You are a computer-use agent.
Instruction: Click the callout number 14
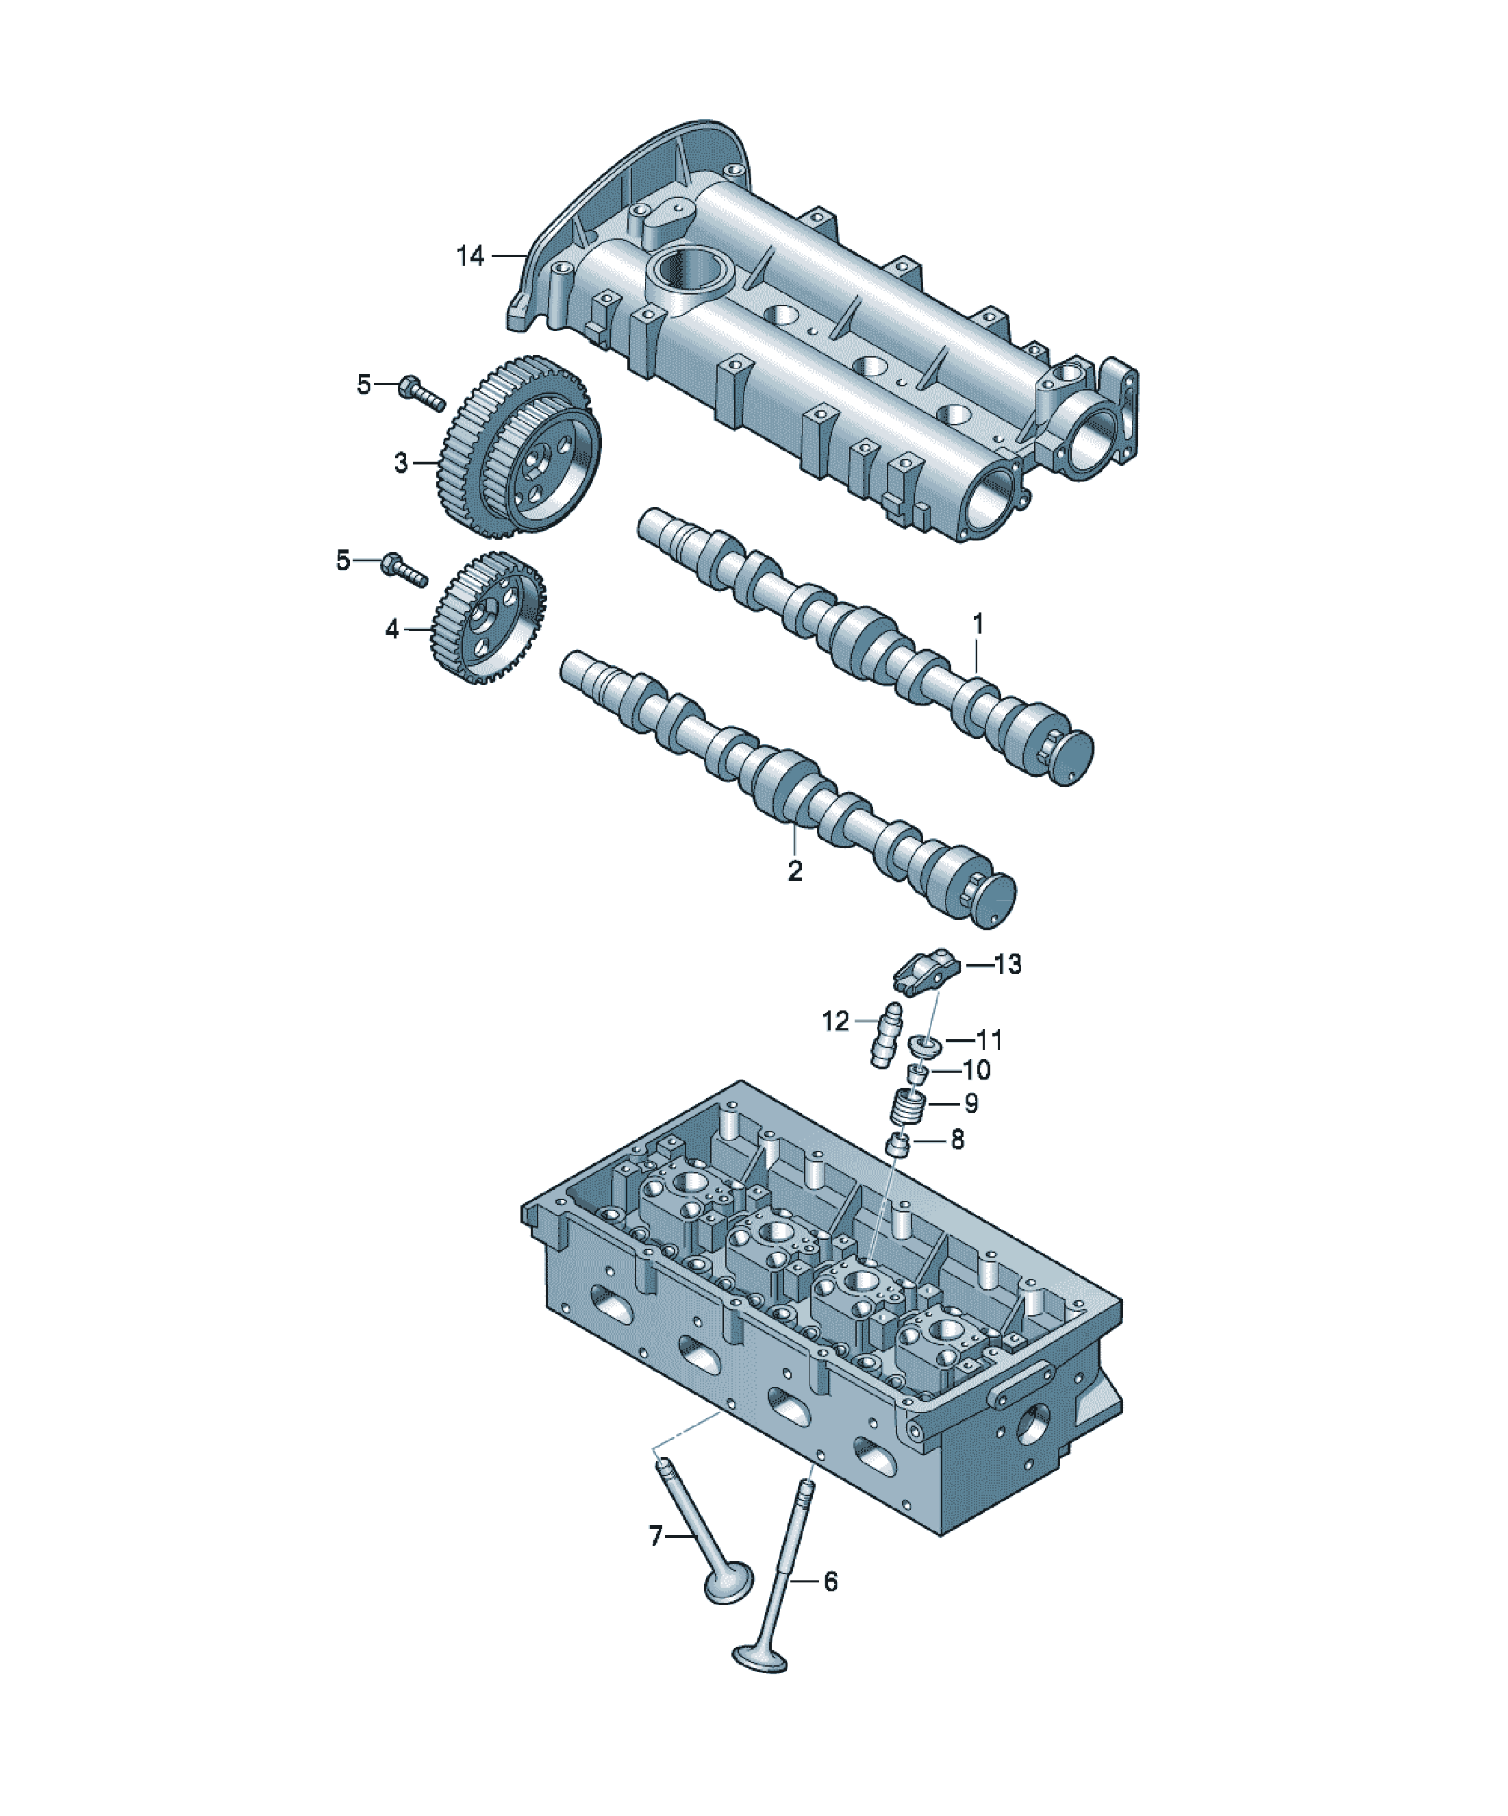pos(470,256)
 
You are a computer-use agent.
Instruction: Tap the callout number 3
pos(401,462)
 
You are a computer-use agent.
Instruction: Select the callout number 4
pos(392,629)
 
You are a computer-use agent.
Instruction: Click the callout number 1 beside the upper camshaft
pos(978,623)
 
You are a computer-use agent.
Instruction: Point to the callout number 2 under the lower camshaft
pos(794,870)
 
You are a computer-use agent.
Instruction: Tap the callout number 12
pos(835,1021)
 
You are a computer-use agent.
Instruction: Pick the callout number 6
pos(830,1582)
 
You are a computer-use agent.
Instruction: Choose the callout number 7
pos(655,1536)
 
